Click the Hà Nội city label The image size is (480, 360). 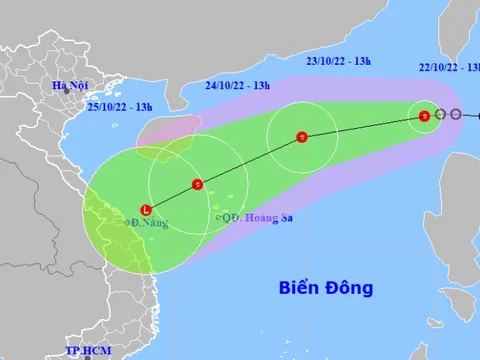pos(76,87)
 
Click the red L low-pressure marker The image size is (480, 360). pos(146,210)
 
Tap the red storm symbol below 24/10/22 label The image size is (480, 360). pos(198,184)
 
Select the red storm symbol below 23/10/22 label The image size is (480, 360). pos(301,137)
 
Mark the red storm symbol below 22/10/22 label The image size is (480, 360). pos(425,116)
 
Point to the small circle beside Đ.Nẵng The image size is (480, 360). pos(124,225)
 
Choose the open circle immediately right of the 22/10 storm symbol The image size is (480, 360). pos(440,115)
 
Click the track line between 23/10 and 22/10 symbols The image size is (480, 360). pos(363,127)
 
